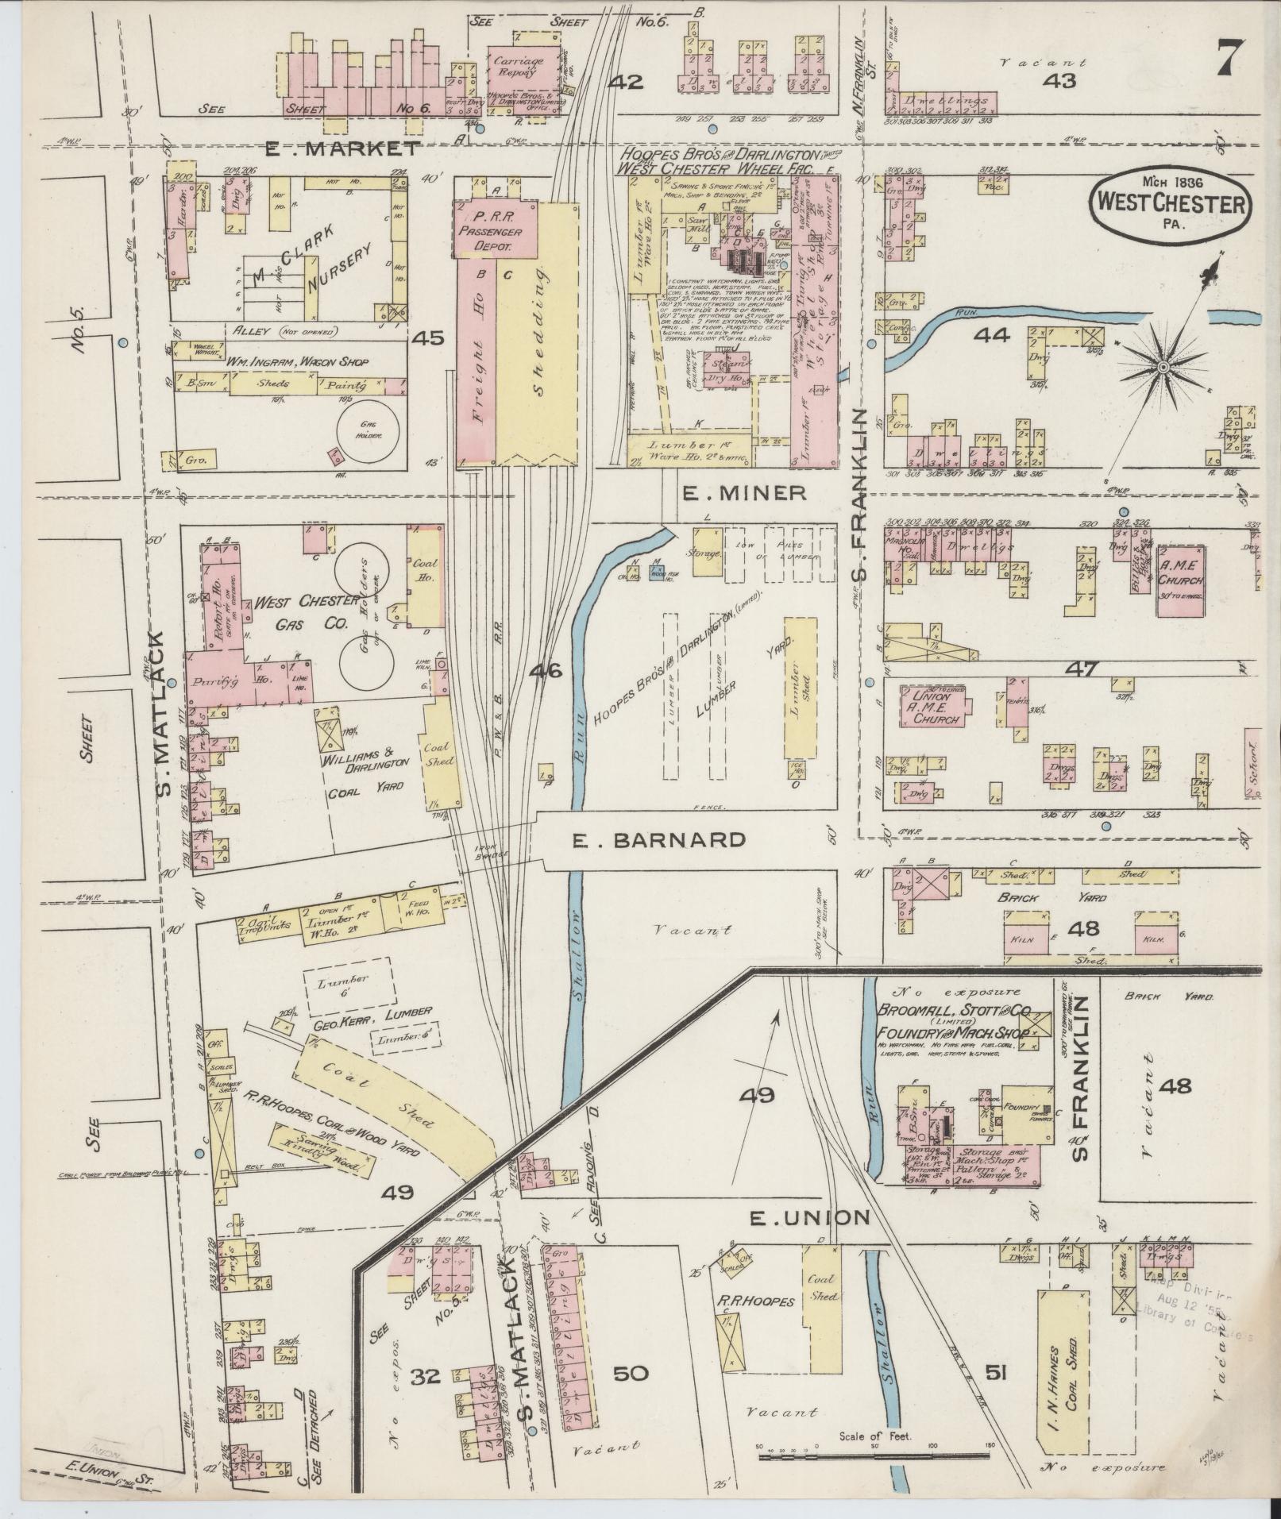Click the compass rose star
tap(1162, 367)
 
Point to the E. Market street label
tap(341, 148)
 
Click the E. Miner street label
tap(744, 493)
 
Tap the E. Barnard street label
tap(659, 840)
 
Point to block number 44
tap(992, 335)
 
